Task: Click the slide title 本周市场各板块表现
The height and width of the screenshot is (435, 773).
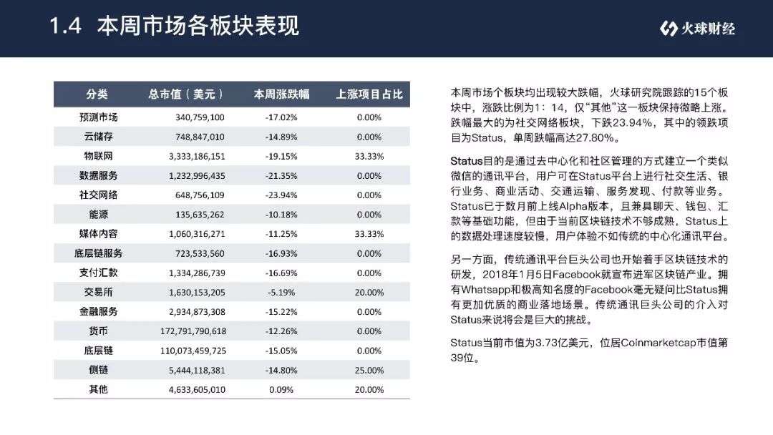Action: coord(198,26)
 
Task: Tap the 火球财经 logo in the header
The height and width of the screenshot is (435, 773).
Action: coord(697,29)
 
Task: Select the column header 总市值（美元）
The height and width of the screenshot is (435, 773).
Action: coord(186,94)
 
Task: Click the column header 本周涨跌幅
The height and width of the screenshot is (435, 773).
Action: coord(281,94)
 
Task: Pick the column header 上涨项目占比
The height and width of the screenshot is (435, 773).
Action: coord(369,94)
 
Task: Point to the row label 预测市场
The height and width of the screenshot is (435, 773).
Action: coord(98,117)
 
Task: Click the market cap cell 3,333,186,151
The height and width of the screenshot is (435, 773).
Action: coord(197,156)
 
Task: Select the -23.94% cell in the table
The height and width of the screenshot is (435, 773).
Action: coord(281,195)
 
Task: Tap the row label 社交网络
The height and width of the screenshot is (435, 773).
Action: coord(98,195)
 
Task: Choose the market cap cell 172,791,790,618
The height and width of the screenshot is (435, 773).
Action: coord(193,331)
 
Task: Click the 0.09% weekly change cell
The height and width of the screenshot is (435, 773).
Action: coord(281,390)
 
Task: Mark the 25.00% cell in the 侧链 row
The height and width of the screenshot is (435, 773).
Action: coord(369,370)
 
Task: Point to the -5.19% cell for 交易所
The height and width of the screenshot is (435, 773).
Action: coord(281,292)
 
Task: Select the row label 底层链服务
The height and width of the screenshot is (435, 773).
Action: coord(98,253)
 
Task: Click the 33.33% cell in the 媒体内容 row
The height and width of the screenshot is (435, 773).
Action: coord(369,234)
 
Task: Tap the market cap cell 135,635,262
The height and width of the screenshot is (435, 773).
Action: coord(200,215)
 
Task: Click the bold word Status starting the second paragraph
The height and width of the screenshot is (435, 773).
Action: coord(467,161)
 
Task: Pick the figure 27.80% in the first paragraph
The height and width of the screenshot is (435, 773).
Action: coord(595,138)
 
